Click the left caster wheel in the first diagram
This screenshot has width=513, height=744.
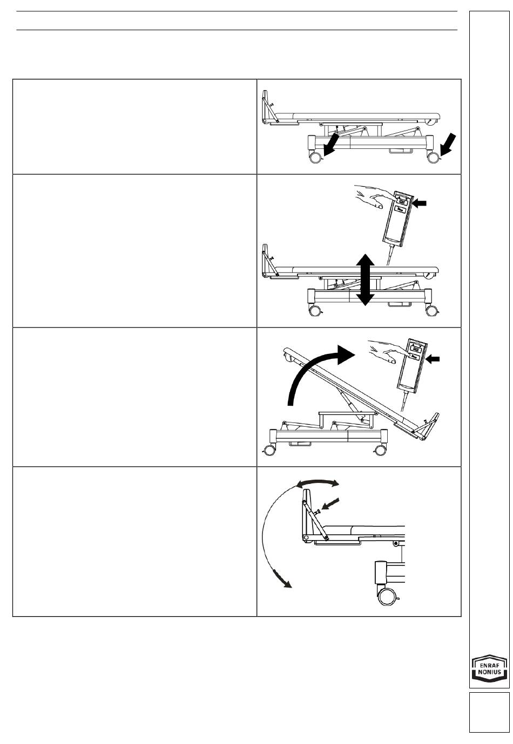click(x=314, y=158)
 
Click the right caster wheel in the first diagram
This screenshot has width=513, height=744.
click(x=433, y=158)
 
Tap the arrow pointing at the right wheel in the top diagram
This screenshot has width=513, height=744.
click(x=448, y=143)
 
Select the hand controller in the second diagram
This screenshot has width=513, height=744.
click(x=396, y=217)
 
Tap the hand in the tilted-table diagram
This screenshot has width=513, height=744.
click(x=386, y=352)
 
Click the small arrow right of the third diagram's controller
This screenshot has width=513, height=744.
click(x=433, y=357)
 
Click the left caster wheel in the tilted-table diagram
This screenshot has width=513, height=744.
click(x=268, y=449)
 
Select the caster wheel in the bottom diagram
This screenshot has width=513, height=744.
click(x=388, y=597)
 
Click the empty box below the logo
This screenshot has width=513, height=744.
click(x=489, y=712)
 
